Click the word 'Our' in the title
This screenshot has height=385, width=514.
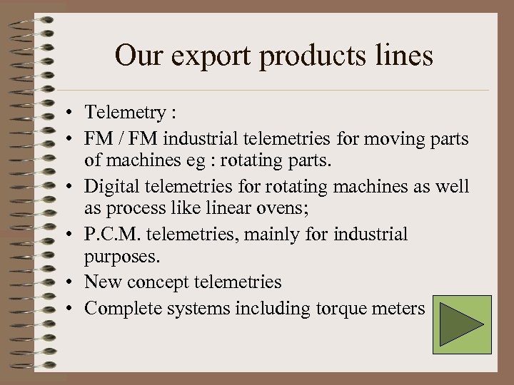pyautogui.click(x=138, y=56)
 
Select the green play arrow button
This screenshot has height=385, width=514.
pyautogui.click(x=461, y=325)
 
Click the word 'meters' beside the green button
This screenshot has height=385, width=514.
pyautogui.click(x=400, y=309)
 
